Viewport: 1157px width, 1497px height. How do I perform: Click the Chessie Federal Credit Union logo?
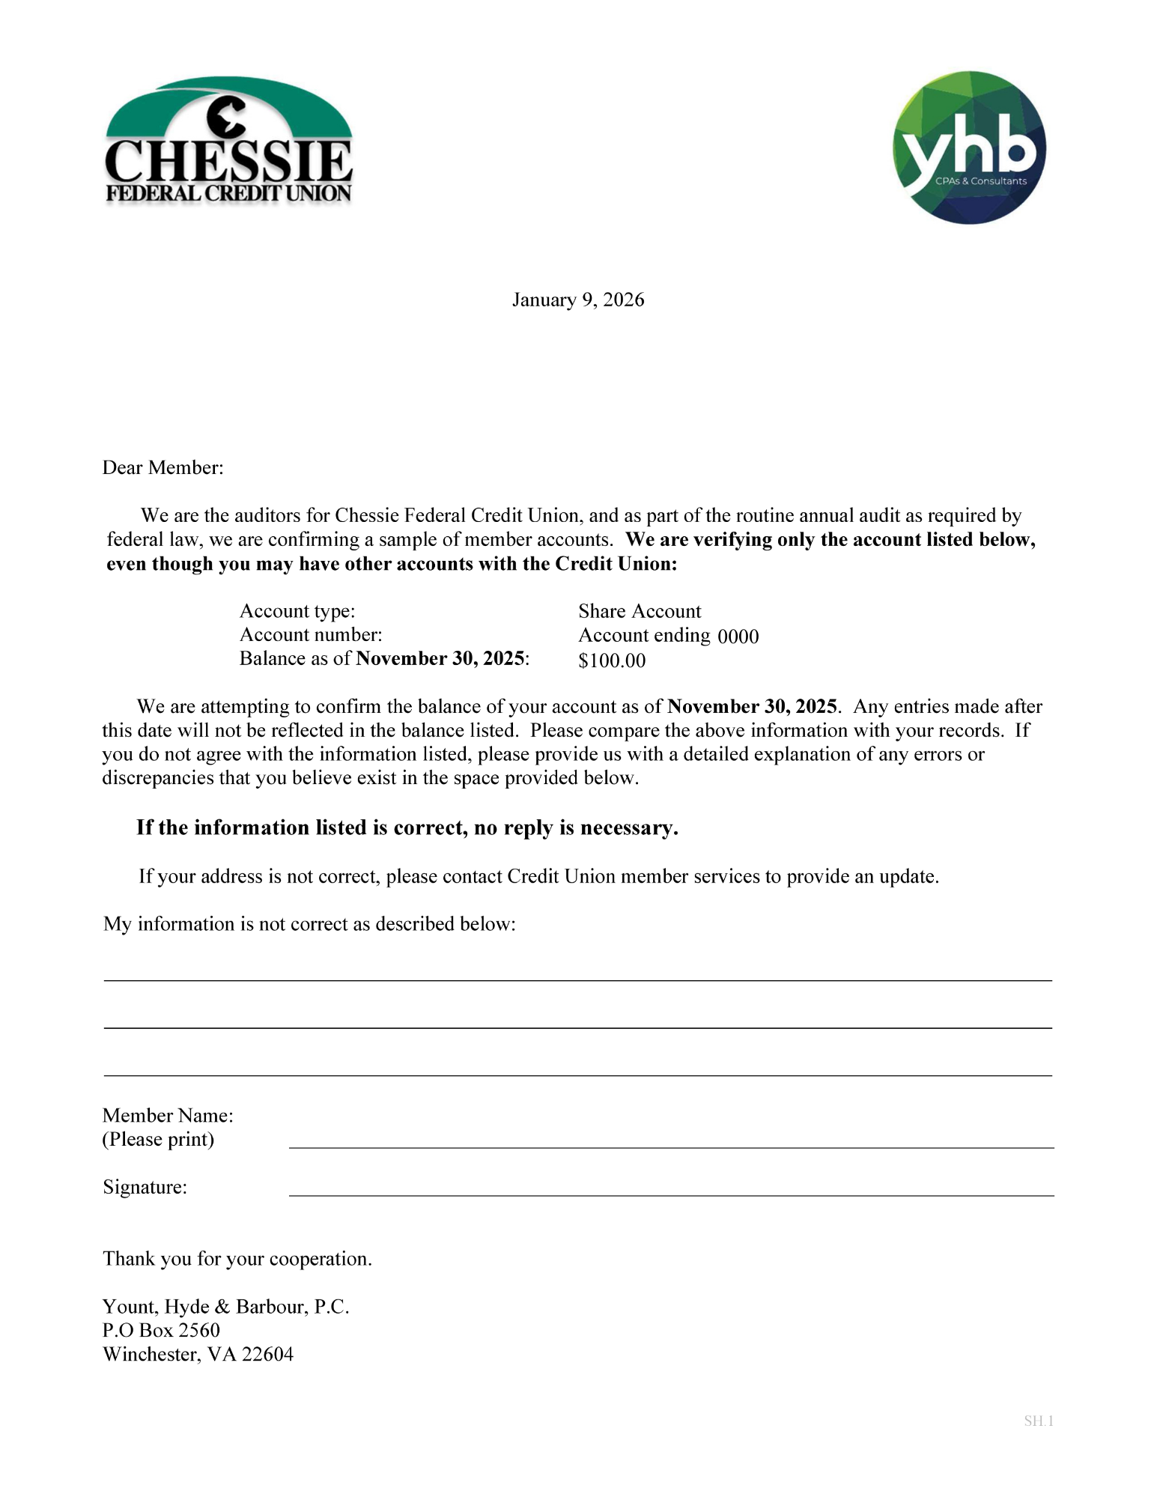pos(228,142)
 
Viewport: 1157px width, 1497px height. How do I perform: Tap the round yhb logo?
pos(969,148)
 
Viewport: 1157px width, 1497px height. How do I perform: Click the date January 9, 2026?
pos(577,300)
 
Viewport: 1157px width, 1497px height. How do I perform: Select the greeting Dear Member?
pos(163,468)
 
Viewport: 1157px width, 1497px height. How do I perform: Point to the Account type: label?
pos(297,611)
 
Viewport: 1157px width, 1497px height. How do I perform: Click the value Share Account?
pos(639,611)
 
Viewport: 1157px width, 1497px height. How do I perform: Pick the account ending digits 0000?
pos(738,637)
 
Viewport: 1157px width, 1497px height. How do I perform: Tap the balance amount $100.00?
pos(611,661)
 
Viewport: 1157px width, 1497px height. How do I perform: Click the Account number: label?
pos(310,635)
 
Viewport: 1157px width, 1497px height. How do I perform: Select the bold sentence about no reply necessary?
pos(407,828)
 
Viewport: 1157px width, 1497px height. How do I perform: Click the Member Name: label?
pos(168,1116)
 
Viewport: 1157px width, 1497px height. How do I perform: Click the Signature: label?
pos(145,1188)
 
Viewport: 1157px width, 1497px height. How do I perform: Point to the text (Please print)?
pos(158,1140)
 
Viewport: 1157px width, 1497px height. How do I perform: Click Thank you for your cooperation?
pos(237,1259)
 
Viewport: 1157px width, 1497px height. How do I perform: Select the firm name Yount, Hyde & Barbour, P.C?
pos(225,1307)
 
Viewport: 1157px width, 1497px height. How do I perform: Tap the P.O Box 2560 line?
pos(161,1331)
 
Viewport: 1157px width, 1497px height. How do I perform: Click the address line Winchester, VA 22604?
pos(198,1355)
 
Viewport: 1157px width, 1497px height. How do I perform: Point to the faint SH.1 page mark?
pos(1038,1421)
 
